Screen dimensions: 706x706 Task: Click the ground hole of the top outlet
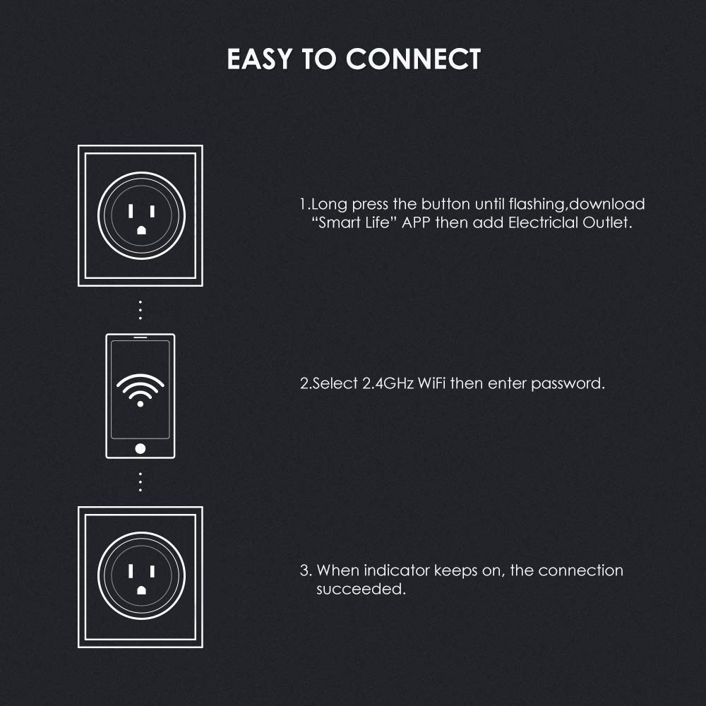(x=140, y=229)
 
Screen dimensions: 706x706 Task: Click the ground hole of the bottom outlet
(x=140, y=590)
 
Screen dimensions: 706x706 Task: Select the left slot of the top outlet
(x=131, y=210)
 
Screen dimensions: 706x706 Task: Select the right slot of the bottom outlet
(x=151, y=571)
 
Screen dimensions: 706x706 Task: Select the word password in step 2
(x=568, y=384)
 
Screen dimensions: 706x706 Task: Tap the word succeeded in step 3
(x=360, y=589)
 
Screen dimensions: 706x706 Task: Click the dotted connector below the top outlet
(x=140, y=309)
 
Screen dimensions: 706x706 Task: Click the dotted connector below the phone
(x=140, y=481)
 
